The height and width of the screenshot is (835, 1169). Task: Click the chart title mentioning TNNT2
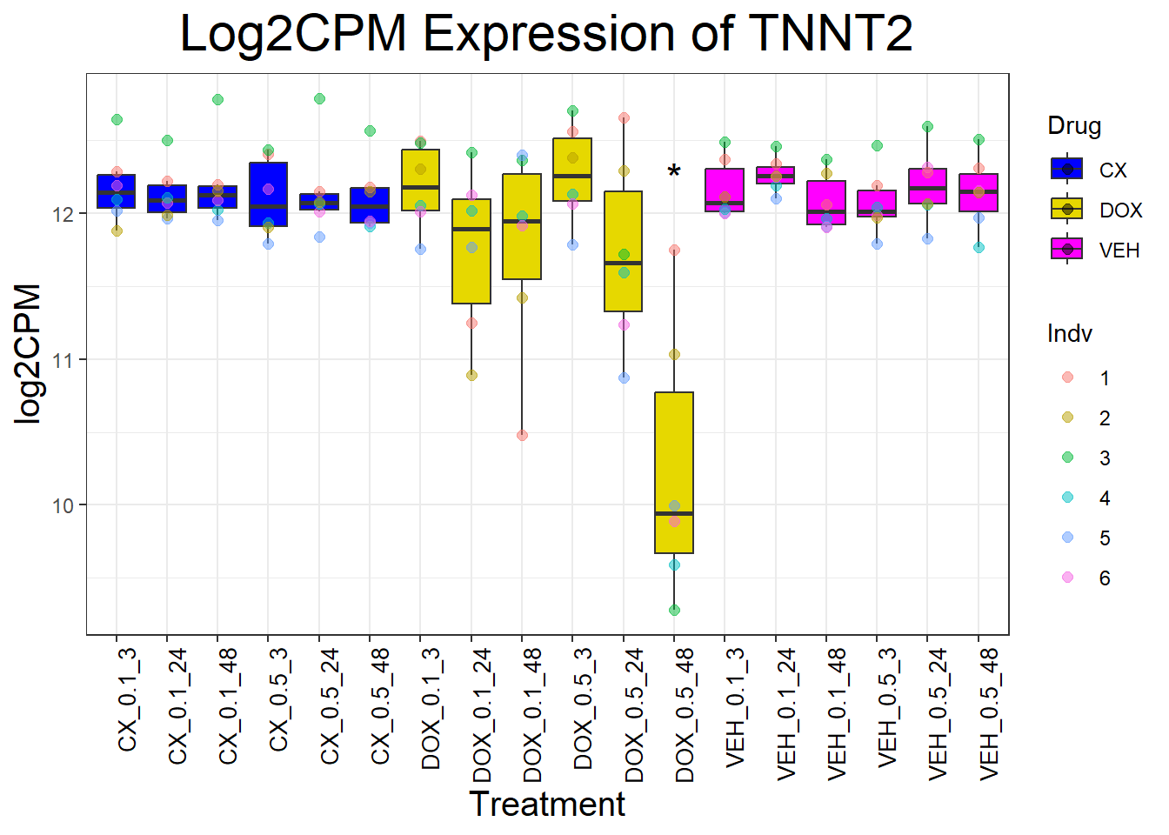[x=546, y=35]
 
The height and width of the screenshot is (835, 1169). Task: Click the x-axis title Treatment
[x=546, y=805]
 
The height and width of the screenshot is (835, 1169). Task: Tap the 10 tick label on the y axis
[x=63, y=505]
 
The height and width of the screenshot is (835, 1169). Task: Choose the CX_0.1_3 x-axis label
[x=128, y=699]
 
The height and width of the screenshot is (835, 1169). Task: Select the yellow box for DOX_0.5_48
[x=674, y=472]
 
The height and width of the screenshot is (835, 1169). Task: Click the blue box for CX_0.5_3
[x=269, y=194]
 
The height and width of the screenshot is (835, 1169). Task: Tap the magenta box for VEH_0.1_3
[x=725, y=190]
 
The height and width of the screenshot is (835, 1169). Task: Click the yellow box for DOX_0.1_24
[x=471, y=251]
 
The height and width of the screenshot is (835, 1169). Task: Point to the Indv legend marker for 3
[x=1068, y=458]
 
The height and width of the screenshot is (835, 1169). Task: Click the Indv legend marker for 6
[x=1068, y=578]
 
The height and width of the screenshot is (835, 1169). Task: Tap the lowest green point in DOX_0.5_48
[x=674, y=610]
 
